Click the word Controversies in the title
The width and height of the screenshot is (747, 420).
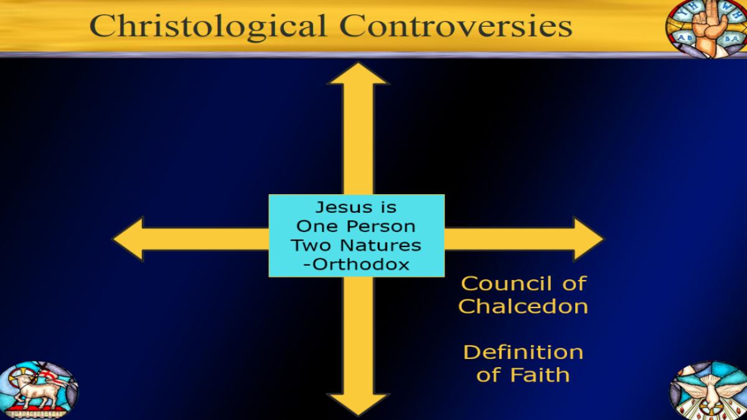[456, 26]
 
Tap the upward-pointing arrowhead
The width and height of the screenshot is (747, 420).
[358, 73]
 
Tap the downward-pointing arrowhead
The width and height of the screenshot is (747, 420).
[358, 404]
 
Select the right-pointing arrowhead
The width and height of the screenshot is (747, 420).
[588, 239]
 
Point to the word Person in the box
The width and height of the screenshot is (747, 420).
[381, 226]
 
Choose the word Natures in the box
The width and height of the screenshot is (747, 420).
[381, 245]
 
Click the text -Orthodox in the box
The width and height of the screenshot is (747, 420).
[356, 264]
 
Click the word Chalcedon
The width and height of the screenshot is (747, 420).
[523, 306]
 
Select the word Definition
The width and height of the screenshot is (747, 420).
[524, 352]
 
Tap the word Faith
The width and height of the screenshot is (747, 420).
[540, 375]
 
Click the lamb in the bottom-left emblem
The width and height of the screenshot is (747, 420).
[37, 390]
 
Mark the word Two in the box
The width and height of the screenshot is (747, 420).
[312, 245]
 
